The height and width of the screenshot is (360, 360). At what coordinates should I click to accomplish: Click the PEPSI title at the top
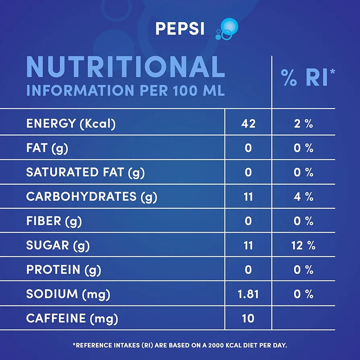(180, 29)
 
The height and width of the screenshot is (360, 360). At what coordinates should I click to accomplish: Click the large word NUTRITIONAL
(125, 67)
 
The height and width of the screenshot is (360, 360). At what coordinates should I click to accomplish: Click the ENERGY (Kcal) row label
(71, 124)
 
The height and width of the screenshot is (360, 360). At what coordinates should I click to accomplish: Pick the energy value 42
(248, 124)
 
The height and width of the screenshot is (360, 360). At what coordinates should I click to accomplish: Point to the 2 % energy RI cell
(303, 124)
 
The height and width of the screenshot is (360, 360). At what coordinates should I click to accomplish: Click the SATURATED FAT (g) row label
(85, 172)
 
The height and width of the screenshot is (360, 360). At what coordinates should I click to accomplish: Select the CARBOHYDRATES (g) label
(91, 197)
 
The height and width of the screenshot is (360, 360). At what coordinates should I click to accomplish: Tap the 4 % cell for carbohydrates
(303, 197)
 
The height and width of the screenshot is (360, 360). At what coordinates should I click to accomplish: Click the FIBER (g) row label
(54, 221)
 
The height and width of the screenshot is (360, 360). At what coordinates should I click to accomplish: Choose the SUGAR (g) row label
(58, 245)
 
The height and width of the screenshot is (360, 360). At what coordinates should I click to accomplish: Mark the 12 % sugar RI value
(303, 245)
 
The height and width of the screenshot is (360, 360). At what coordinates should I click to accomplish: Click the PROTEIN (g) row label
(64, 269)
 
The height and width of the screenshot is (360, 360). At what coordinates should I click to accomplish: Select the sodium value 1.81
(248, 294)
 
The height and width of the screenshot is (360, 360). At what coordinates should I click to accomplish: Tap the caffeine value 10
(248, 319)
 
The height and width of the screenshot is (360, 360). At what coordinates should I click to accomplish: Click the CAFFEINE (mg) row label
(72, 319)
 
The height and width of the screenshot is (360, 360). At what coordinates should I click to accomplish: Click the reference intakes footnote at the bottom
(180, 345)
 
